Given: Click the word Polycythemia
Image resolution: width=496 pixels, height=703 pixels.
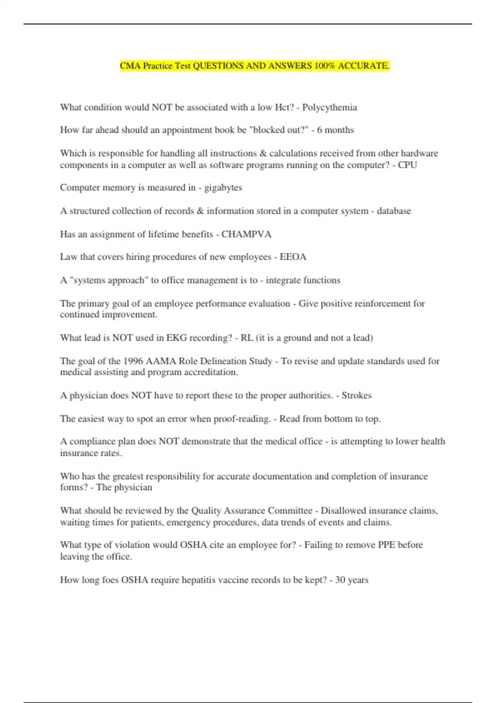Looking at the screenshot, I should point(329,108).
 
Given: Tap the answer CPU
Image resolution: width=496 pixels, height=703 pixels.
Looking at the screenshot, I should point(407,165).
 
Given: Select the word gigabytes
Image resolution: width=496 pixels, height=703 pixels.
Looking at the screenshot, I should point(223,188).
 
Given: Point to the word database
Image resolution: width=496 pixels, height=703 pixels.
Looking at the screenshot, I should point(393,211).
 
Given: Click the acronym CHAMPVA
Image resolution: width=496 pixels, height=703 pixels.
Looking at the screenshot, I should point(246,234).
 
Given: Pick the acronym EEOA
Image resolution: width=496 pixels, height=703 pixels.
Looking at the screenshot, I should point(293,257).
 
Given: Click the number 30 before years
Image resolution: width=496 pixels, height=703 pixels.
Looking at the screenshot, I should point(340,580).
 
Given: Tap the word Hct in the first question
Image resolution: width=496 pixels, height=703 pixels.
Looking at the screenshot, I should point(283,108).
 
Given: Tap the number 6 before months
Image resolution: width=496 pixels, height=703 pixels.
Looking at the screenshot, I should point(320,130).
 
